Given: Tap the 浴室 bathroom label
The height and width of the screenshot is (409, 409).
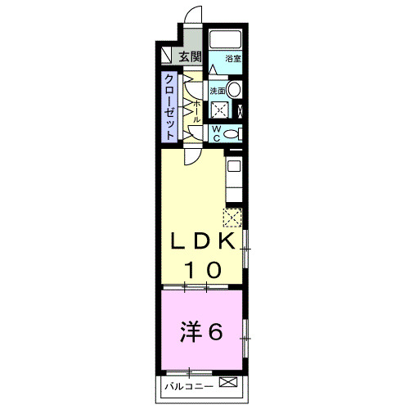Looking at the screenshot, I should point(233,58).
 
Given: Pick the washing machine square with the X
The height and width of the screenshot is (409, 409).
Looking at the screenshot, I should point(219,111).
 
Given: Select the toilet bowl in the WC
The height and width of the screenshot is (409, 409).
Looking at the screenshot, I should point(232,133).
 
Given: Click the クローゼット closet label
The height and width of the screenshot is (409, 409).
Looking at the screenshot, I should point(168,106).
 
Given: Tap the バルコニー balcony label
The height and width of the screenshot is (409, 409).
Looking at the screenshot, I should point(187,384).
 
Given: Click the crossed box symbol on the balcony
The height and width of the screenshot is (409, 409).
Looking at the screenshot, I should point(228,384).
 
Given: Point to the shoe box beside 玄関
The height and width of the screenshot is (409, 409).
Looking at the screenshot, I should point(166,57).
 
